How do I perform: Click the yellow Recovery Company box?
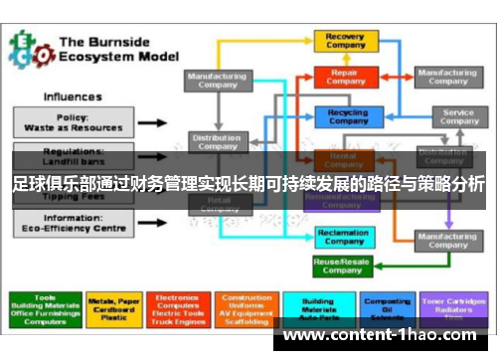(345, 41)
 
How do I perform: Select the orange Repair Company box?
(345, 76)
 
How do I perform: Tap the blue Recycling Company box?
(345, 116)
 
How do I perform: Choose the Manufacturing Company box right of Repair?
(446, 77)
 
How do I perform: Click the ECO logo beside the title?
(28, 47)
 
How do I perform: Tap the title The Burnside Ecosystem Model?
(116, 50)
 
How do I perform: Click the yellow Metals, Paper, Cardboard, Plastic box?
(114, 308)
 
